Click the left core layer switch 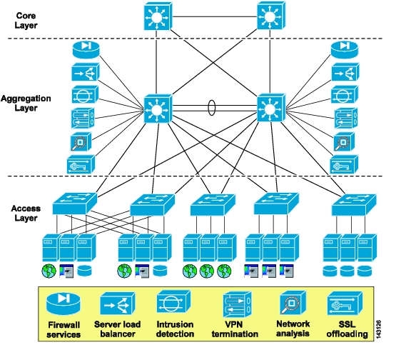[x=158, y=16]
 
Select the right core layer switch [x=271, y=16]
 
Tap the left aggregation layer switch [x=158, y=109]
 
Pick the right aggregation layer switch [x=271, y=108]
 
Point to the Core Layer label [x=26, y=21]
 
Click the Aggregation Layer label [x=26, y=103]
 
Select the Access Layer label [x=26, y=213]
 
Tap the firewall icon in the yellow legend [x=64, y=304]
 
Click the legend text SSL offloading [x=347, y=329]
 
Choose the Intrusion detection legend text [x=175, y=329]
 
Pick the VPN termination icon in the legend [x=238, y=304]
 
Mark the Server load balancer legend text [x=118, y=329]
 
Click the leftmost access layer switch [x=75, y=204]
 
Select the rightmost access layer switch [x=354, y=205]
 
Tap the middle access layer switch [x=213, y=205]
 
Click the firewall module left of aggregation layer [x=86, y=49]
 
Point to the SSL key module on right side [x=344, y=164]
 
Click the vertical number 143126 [x=378, y=329]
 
